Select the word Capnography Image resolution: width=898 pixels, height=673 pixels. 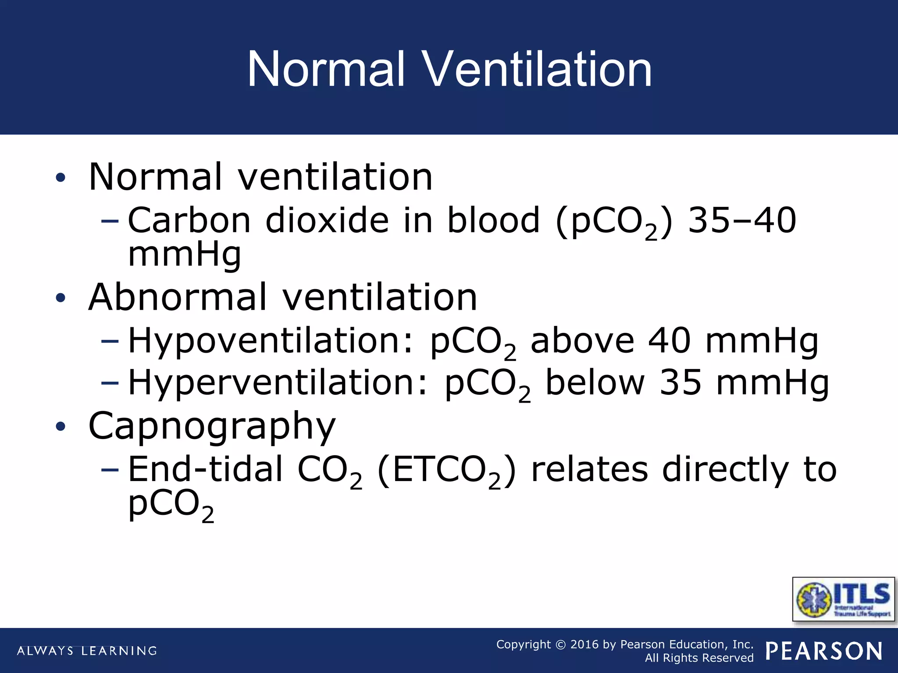click(x=212, y=426)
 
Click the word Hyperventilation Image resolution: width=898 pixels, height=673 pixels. click(x=277, y=383)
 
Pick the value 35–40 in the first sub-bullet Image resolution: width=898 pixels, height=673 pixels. click(x=742, y=220)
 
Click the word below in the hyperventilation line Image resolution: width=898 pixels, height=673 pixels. click(x=595, y=383)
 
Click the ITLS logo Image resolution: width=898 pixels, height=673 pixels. click(x=843, y=599)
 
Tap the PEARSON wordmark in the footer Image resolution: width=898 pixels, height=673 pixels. click(x=824, y=651)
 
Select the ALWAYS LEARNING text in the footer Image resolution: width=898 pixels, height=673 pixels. click(x=87, y=651)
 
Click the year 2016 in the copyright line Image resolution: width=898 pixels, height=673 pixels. click(x=584, y=645)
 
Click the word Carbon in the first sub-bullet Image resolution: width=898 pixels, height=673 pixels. click(x=189, y=220)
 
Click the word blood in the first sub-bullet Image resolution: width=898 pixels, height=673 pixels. click(x=493, y=220)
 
